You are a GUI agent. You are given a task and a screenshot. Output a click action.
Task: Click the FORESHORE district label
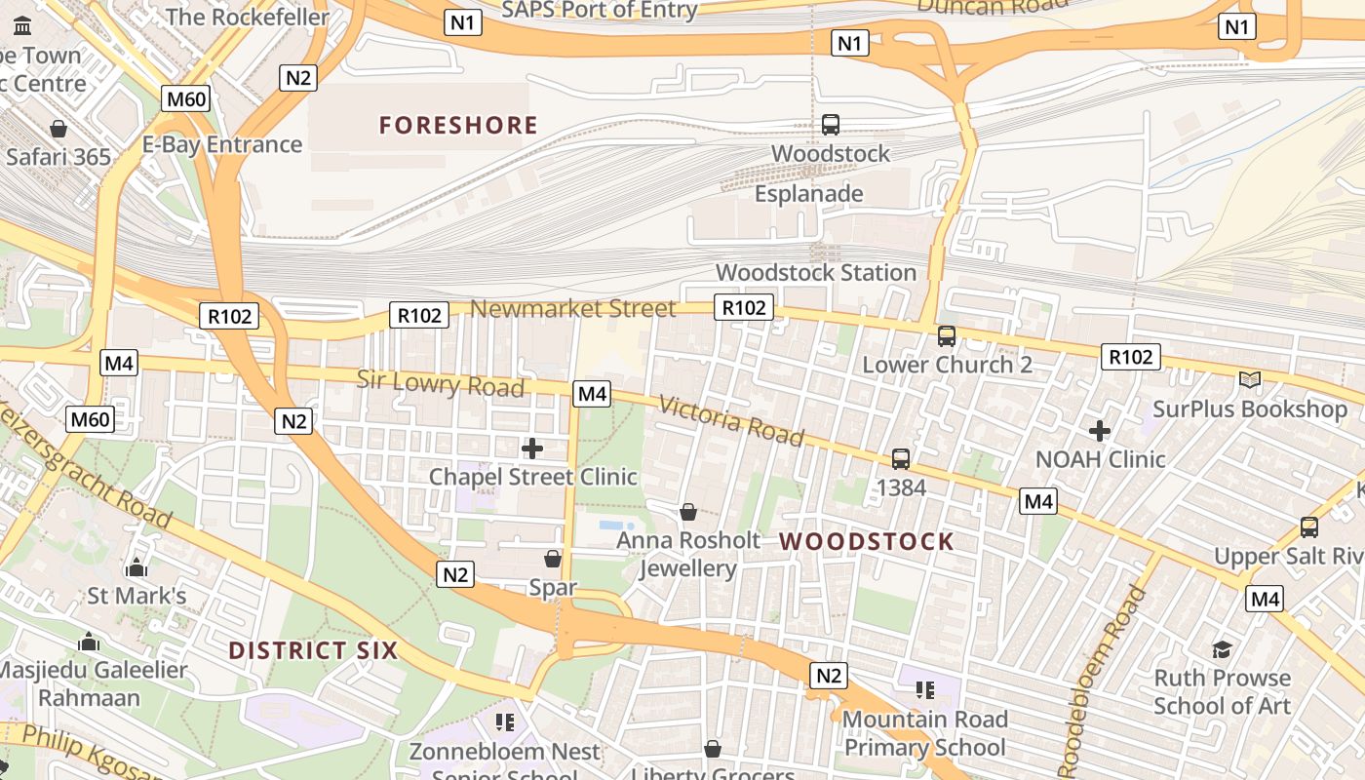pyautogui.click(x=458, y=126)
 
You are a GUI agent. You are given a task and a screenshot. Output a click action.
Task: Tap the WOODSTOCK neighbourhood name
pyautogui.click(x=867, y=542)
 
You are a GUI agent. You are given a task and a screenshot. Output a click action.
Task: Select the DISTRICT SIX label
pyautogui.click(x=313, y=650)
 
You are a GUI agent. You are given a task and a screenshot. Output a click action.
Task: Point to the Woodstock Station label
pyautogui.click(x=816, y=273)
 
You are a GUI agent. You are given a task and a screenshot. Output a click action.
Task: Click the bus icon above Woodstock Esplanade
pyautogui.click(x=831, y=125)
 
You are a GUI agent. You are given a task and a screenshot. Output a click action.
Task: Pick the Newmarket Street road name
pyautogui.click(x=572, y=309)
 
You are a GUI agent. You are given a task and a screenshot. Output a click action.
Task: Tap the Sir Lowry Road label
pyautogui.click(x=441, y=383)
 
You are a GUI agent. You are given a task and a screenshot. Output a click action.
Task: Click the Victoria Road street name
pyautogui.click(x=731, y=420)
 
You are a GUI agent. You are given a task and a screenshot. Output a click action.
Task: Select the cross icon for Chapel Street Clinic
pyautogui.click(x=532, y=448)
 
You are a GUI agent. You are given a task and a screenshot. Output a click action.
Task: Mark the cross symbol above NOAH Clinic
pyautogui.click(x=1100, y=430)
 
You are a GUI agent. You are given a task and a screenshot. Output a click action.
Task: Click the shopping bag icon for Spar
pyautogui.click(x=553, y=559)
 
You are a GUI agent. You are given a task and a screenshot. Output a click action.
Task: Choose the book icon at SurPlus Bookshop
pyautogui.click(x=1249, y=380)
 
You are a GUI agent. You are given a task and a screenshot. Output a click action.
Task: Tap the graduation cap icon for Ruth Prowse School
pyautogui.click(x=1222, y=649)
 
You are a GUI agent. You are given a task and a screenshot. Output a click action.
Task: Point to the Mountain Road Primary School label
pyautogui.click(x=924, y=733)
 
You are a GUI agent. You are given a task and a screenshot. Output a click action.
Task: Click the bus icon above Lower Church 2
pyautogui.click(x=947, y=336)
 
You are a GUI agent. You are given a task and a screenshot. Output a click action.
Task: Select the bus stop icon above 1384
pyautogui.click(x=901, y=458)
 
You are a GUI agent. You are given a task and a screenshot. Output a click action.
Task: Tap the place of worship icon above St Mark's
pyautogui.click(x=136, y=567)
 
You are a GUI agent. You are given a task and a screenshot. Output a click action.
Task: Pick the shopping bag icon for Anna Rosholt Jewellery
pyautogui.click(x=688, y=511)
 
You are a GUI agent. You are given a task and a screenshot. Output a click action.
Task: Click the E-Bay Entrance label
pyautogui.click(x=222, y=144)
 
